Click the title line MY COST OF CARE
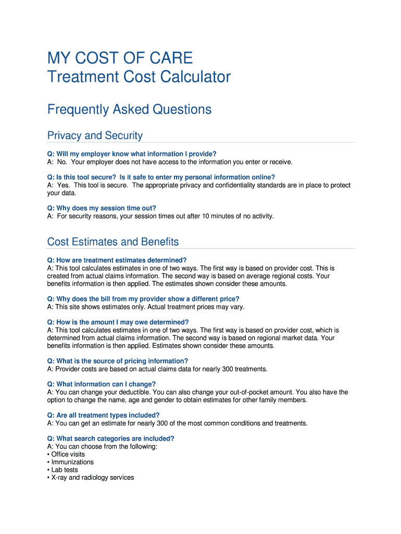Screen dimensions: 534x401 (120, 57)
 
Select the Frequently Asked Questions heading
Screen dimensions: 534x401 (129, 110)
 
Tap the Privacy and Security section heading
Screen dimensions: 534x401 (95, 136)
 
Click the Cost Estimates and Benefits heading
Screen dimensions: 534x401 (113, 242)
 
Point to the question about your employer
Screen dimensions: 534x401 (131, 154)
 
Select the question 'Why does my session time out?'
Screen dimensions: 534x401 (102, 208)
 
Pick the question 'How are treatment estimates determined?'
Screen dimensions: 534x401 (117, 260)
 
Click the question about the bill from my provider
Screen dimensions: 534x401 (143, 299)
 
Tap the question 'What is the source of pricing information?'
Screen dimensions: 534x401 (117, 361)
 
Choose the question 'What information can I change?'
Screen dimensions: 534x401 (101, 384)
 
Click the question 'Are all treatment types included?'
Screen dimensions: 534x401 (103, 415)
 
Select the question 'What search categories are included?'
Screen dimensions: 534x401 (110, 439)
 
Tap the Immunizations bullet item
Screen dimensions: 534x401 (72, 462)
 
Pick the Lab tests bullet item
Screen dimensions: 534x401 (65, 470)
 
